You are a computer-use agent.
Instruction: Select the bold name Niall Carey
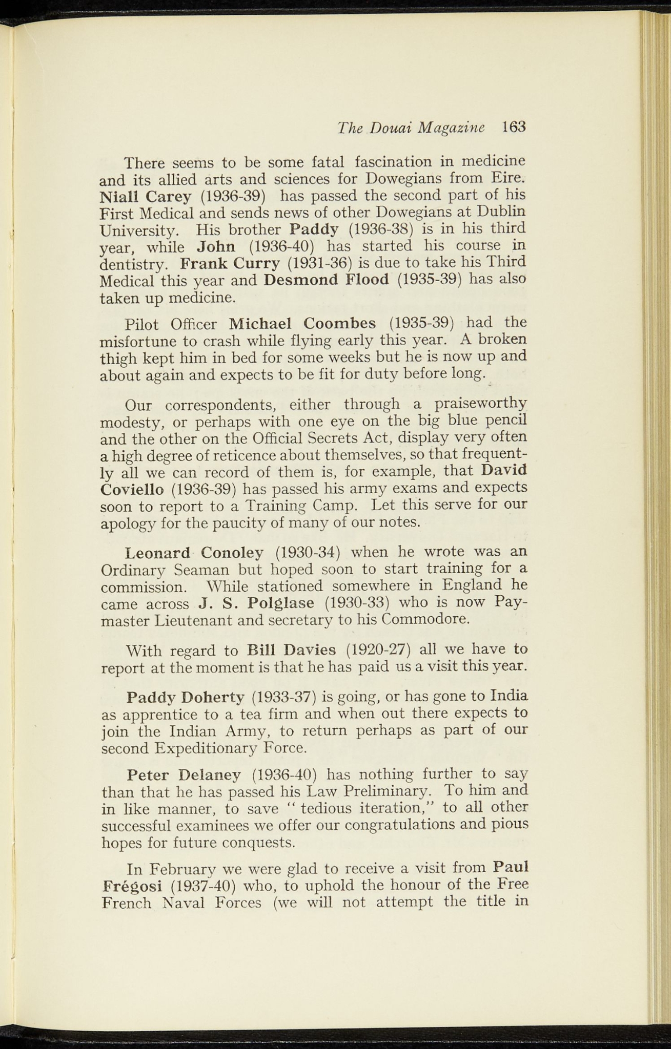coord(146,196)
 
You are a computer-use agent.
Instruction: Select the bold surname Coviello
coord(132,489)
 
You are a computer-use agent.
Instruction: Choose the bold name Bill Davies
coord(291,651)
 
